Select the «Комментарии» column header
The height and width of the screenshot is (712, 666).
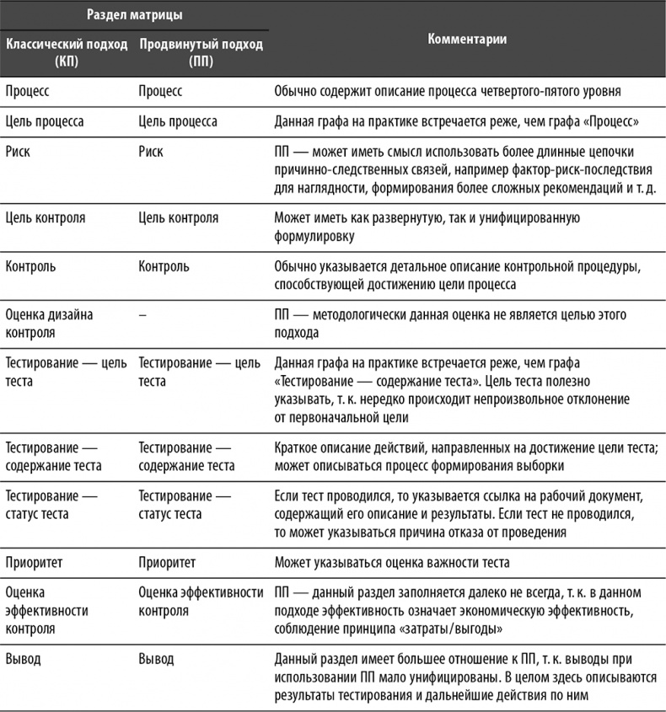467,40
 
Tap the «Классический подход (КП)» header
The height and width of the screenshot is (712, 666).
67,51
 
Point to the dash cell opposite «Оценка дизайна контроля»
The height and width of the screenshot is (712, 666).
142,313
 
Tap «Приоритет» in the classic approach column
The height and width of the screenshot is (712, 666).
35,561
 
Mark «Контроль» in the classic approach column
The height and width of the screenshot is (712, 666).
31,266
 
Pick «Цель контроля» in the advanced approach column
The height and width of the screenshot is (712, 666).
178,218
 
